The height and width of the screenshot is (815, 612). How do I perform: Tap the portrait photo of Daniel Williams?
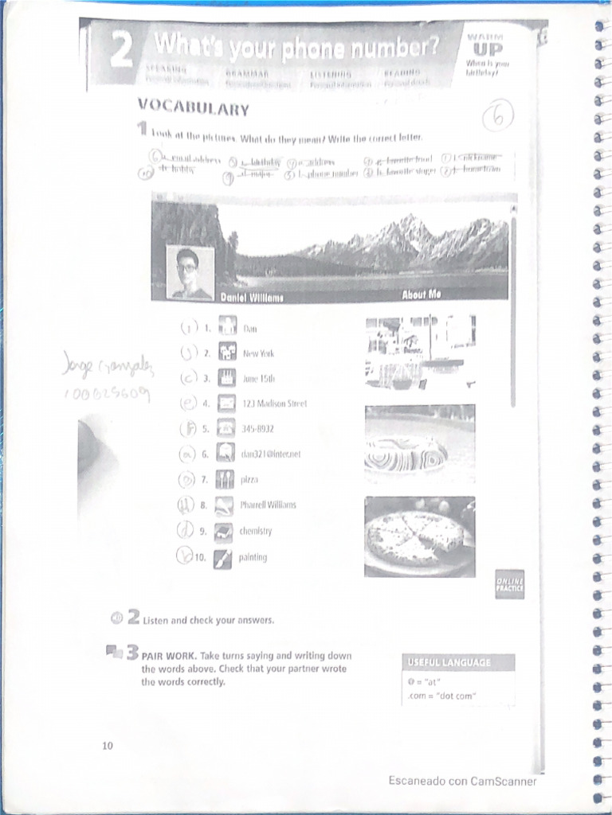[x=190, y=271]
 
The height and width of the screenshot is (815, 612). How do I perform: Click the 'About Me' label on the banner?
[x=422, y=294]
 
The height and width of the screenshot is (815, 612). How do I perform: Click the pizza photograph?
[x=419, y=536]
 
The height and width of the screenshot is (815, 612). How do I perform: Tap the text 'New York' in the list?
[x=258, y=353]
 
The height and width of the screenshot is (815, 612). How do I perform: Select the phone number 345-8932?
[x=259, y=429]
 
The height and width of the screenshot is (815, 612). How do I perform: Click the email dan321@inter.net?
[x=270, y=454]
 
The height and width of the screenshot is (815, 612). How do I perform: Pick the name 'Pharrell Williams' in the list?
[x=269, y=505]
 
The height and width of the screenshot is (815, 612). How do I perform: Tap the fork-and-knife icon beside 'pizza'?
[x=225, y=480]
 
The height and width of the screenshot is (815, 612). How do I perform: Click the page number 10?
[x=108, y=745]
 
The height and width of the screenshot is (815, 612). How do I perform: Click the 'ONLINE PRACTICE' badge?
[x=509, y=583]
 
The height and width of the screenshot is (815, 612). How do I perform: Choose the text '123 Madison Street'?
[x=274, y=404]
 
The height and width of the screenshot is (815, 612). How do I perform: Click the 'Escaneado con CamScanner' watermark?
[x=462, y=781]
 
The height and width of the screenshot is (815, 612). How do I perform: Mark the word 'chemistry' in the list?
[x=257, y=531]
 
